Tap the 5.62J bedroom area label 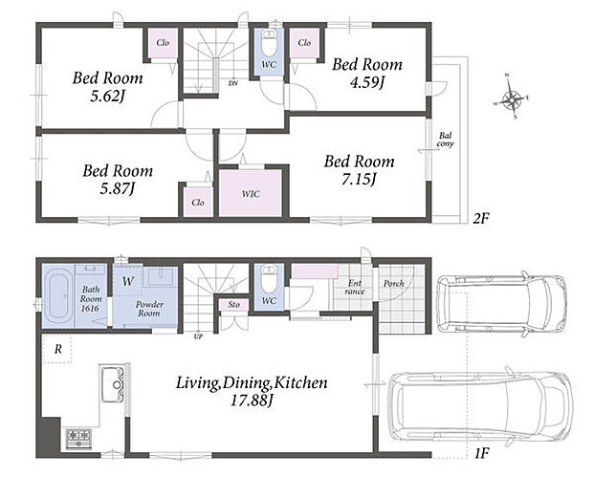[107, 97]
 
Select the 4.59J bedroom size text [366, 82]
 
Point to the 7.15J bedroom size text [359, 179]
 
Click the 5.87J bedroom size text [118, 188]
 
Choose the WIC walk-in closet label [251, 194]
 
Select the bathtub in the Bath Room [57, 296]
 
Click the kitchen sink [112, 384]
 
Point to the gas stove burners [78, 439]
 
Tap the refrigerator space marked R [57, 349]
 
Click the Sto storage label [234, 304]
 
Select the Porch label [394, 284]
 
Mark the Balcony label [445, 140]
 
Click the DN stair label [233, 83]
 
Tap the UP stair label [198, 336]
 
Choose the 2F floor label [481, 218]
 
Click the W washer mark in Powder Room [128, 281]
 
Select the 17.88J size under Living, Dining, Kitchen [252, 401]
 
